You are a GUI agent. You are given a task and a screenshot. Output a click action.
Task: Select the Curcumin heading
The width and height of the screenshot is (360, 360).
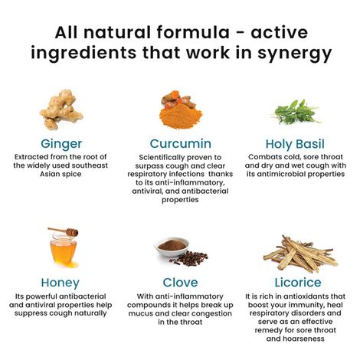(181, 143)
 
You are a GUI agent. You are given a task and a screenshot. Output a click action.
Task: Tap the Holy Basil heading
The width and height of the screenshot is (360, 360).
(295, 143)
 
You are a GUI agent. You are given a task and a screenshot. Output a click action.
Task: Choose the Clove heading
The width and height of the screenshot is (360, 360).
(181, 283)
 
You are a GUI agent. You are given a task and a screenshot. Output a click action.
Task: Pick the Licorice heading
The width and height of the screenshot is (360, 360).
(295, 283)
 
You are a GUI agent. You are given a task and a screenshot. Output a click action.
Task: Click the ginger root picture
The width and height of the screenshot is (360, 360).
(63, 110)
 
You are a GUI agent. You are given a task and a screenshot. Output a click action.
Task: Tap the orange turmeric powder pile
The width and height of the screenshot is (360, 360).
(181, 113)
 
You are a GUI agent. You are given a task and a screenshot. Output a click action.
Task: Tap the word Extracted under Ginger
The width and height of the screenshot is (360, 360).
(38, 158)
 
